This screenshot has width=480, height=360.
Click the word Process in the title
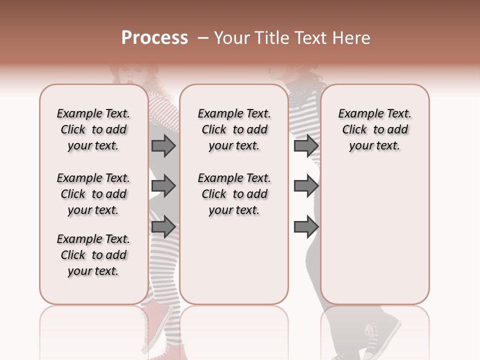[x=154, y=38]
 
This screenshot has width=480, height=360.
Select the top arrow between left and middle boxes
[x=163, y=145]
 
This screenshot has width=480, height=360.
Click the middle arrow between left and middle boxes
[x=163, y=186]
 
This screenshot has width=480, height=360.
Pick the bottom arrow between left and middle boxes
[x=163, y=227]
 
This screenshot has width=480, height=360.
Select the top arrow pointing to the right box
[x=306, y=145]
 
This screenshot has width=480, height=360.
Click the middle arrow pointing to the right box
[x=306, y=186]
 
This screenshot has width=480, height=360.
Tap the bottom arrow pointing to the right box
[x=306, y=227]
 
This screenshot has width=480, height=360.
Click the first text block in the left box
[x=93, y=129]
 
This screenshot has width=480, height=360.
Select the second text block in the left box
[x=93, y=194]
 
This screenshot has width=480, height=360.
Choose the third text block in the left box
[x=93, y=255]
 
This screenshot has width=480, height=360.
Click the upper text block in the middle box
[x=234, y=129]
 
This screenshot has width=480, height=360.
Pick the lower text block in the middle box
[x=234, y=194]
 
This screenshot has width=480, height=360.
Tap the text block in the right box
[x=375, y=129]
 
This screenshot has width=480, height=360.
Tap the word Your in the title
[x=231, y=38]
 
